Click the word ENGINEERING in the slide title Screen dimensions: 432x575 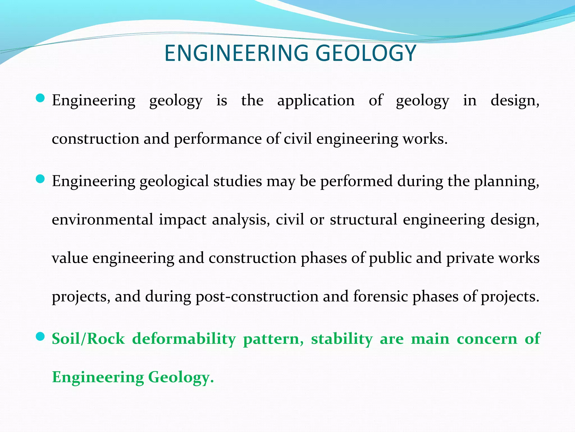click(236, 53)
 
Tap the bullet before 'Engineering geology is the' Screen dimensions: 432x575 click(41, 98)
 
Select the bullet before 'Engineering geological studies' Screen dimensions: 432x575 click(41, 179)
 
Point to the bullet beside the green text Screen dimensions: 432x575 click(41, 336)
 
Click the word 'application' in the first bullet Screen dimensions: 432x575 click(316, 100)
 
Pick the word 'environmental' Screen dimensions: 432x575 click(102, 219)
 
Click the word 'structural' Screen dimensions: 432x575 click(363, 219)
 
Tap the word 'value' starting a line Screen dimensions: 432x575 click(70, 258)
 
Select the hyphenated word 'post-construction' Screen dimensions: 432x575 click(257, 296)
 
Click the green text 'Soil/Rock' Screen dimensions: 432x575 click(88, 339)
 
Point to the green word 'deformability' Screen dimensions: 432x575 click(184, 339)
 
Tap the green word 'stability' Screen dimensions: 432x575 click(342, 339)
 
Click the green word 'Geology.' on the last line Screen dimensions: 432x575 click(181, 377)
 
